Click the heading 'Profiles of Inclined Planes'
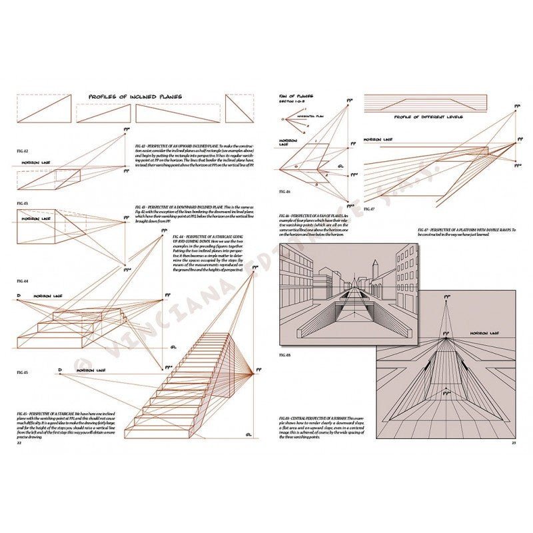135,97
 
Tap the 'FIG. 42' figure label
21,152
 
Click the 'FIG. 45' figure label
21,372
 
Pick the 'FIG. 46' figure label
285,191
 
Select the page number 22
19,443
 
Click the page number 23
514,443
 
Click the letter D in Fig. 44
18,295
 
